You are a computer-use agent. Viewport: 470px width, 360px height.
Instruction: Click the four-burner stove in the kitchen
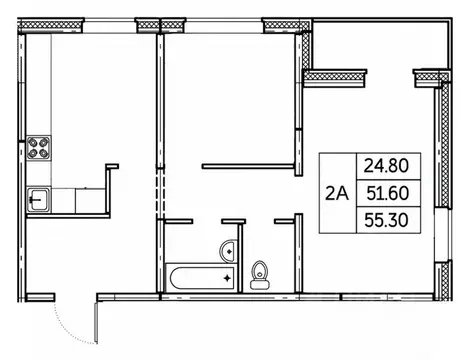click(x=40, y=150)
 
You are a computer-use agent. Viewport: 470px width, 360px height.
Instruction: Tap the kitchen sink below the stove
click(x=40, y=198)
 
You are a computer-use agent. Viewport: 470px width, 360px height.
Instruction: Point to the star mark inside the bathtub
click(x=226, y=275)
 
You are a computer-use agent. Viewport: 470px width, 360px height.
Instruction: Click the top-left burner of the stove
click(x=34, y=143)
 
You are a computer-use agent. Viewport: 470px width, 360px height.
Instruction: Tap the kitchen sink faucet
click(x=34, y=198)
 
